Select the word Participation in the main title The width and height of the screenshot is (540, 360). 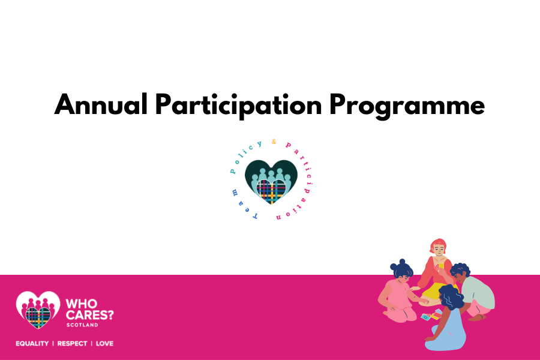coord(239,106)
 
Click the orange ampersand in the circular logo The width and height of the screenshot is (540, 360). coord(274,143)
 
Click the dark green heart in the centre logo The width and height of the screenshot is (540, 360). coord(271,174)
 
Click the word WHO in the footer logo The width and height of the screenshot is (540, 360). coord(82,302)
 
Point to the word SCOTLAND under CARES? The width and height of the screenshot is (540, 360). coord(83,326)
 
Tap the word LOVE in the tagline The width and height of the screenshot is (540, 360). coord(104,344)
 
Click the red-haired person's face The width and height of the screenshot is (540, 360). coord(438,248)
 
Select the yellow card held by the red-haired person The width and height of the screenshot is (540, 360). coord(440,265)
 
